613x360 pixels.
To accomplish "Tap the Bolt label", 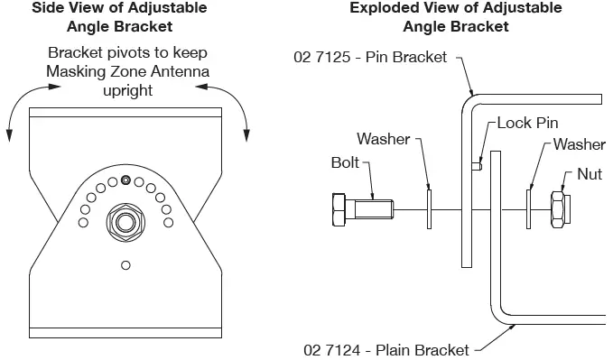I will [x=345, y=164].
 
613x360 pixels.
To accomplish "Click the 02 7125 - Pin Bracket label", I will [x=370, y=57].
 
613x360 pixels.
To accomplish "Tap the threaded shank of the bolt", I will [x=373, y=209].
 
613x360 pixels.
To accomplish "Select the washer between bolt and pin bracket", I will [x=432, y=209].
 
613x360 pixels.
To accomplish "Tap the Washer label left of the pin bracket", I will [x=383, y=139].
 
